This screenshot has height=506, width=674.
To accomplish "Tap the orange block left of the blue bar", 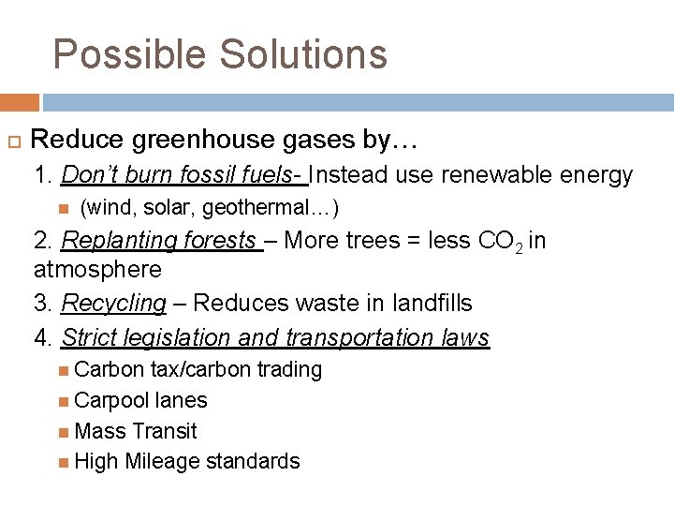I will pyautogui.click(x=19, y=102).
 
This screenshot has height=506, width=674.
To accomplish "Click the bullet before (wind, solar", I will pyautogui.click(x=62, y=207).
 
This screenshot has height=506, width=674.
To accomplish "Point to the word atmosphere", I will pyautogui.click(x=97, y=271).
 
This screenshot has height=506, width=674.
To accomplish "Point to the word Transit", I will pyautogui.click(x=165, y=431).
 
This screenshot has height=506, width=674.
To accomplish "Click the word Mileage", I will pyautogui.click(x=162, y=461).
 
